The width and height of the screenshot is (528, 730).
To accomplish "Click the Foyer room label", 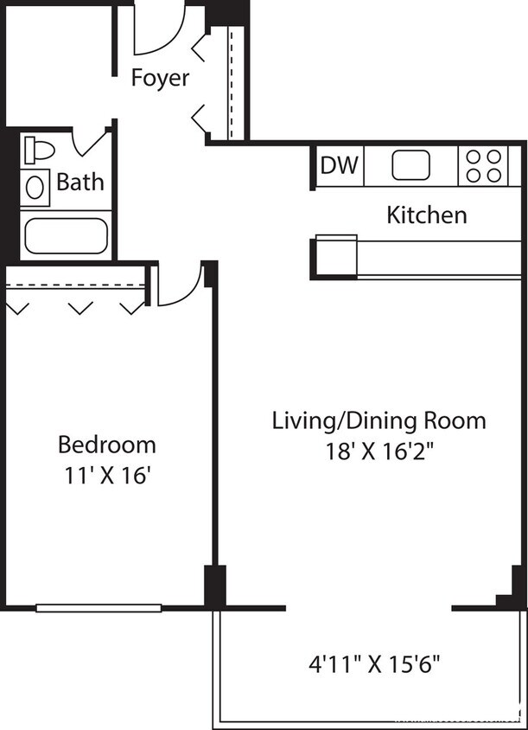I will tap(160, 78).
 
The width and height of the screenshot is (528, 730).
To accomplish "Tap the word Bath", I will tap(80, 182).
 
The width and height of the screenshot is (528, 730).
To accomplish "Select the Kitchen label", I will tap(426, 215).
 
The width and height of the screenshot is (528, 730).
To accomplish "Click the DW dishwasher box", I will tap(340, 165).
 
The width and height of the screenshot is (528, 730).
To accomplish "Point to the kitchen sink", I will tap(411, 165).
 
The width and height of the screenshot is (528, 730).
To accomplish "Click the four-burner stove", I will tap(483, 165).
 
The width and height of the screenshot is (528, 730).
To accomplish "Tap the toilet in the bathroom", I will tap(38, 150).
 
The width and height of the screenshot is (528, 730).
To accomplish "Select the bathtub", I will tap(65, 236).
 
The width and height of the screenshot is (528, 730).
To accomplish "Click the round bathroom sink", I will tap(35, 186).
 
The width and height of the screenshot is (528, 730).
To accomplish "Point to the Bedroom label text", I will tap(107, 445).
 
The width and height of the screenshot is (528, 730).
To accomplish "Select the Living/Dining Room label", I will tap(379, 421).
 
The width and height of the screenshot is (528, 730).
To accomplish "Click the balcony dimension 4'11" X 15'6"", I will tap(375, 665).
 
